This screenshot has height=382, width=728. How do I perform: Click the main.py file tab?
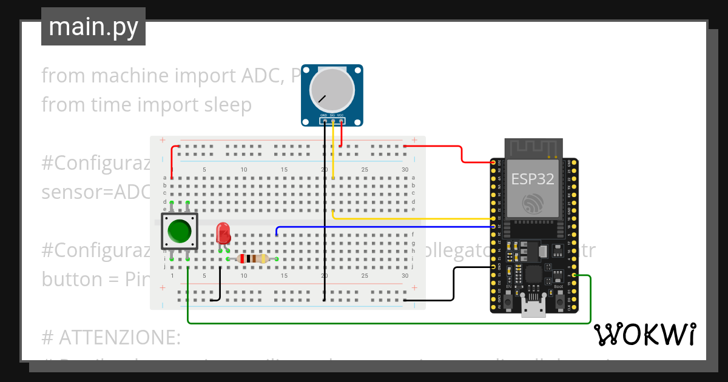tap(93, 27)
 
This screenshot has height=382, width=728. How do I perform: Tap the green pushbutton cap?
tap(180, 231)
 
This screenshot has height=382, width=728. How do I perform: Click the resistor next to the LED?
tap(252, 259)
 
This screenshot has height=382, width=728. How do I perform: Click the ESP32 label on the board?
tap(533, 179)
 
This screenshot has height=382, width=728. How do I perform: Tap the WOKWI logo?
tap(644, 334)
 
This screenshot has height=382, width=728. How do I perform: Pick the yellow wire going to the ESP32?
tap(413, 218)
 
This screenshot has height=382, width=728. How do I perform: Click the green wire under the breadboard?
tap(388, 323)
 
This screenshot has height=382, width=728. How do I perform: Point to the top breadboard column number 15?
tap(284, 170)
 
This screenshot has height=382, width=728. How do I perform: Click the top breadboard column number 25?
tap(365, 170)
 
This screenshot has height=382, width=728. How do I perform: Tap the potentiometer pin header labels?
tap(332, 115)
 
